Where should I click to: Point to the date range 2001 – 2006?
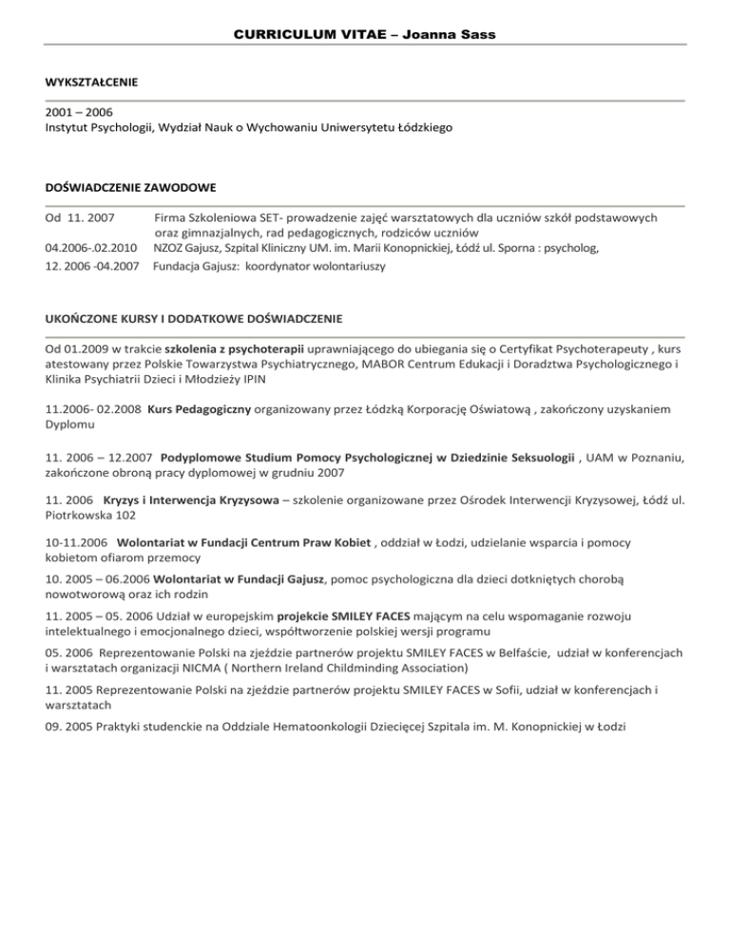[x=78, y=111]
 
